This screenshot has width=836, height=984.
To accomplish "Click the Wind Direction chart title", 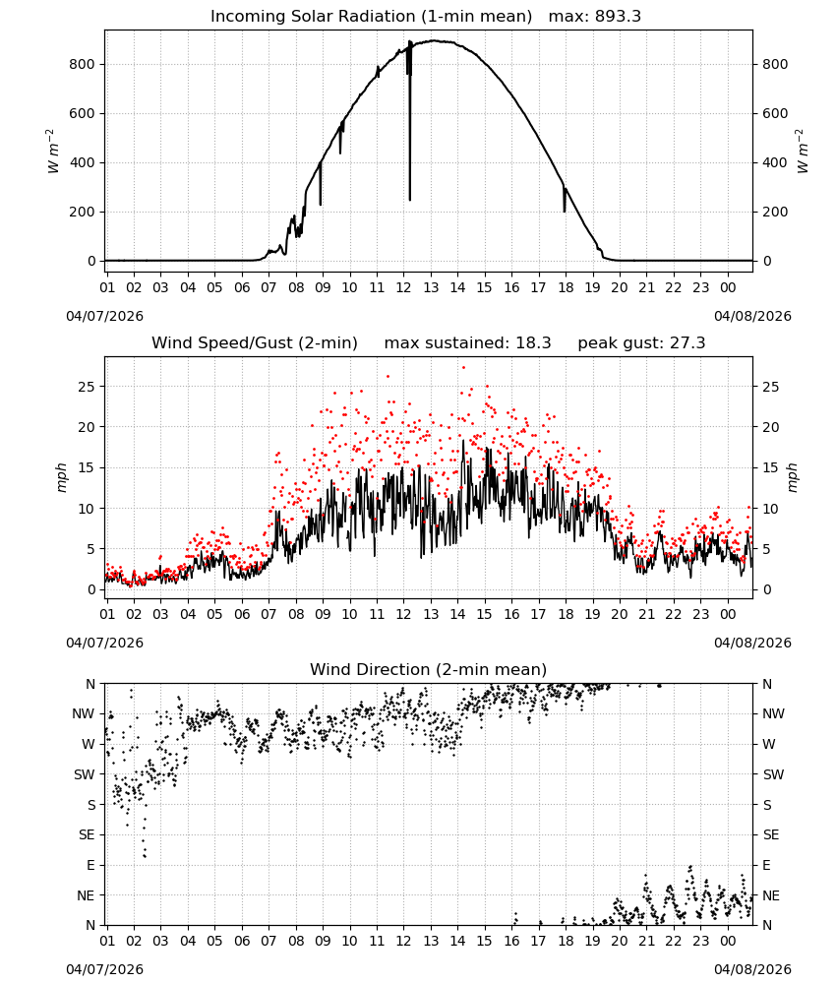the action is tap(429, 669).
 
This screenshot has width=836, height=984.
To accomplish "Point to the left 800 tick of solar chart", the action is tap(83, 64).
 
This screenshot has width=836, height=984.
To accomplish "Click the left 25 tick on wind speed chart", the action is tap(87, 387).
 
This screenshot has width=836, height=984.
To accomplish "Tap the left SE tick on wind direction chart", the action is tap(87, 834).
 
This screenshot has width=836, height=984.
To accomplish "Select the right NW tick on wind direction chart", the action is tap(773, 713).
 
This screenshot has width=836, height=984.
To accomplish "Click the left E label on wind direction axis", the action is tap(90, 865).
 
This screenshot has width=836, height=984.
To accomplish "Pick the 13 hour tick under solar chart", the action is tap(431, 287).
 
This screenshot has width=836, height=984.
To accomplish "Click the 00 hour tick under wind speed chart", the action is tap(728, 614).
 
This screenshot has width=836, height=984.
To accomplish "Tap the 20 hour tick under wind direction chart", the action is tap(620, 941).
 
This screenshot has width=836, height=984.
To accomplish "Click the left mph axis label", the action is tap(61, 477).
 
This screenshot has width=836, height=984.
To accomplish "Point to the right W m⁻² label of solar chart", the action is tap(803, 151).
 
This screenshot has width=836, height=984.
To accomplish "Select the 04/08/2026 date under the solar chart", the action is tap(752, 316).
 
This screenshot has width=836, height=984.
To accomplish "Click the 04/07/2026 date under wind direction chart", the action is tap(104, 969).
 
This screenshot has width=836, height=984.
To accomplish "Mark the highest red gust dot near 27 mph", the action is tap(463, 368).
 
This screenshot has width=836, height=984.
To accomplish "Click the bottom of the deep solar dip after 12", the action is tap(410, 200).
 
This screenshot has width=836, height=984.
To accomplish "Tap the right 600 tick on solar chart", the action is tap(775, 113).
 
